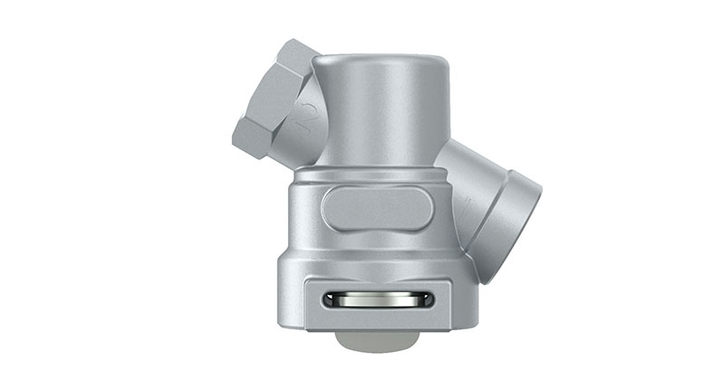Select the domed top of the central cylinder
(381, 63)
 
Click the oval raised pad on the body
(377, 208)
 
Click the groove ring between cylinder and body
(376, 172)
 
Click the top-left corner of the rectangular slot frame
(307, 280)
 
